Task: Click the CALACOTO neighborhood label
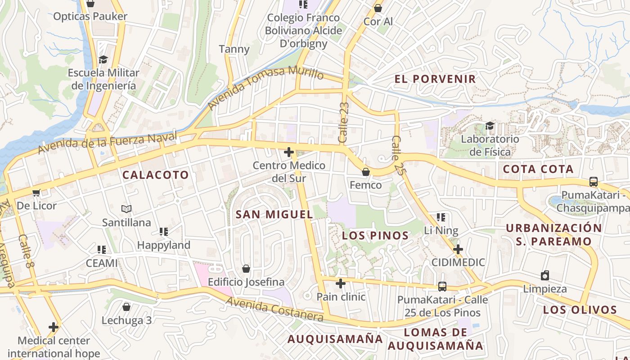pyautogui.click(x=156, y=175)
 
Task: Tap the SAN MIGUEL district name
pyautogui.click(x=274, y=215)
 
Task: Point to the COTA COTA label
pyautogui.click(x=538, y=170)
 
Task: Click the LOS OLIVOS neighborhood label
pyautogui.click(x=580, y=310)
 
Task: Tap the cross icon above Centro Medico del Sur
pyautogui.click(x=289, y=152)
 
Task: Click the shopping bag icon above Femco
pyautogui.click(x=366, y=172)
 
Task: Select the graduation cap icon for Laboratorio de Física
pyautogui.click(x=490, y=126)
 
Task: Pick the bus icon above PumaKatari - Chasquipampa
pyautogui.click(x=594, y=182)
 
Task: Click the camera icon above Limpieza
pyautogui.click(x=545, y=275)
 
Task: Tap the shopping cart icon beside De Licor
pyautogui.click(x=36, y=193)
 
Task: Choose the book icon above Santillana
pyautogui.click(x=126, y=209)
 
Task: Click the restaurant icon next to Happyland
pyautogui.click(x=164, y=232)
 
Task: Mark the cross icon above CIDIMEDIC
pyautogui.click(x=458, y=249)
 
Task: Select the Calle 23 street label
pyautogui.click(x=344, y=122)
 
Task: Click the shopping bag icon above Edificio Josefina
pyautogui.click(x=246, y=269)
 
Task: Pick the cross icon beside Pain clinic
pyautogui.click(x=341, y=283)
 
